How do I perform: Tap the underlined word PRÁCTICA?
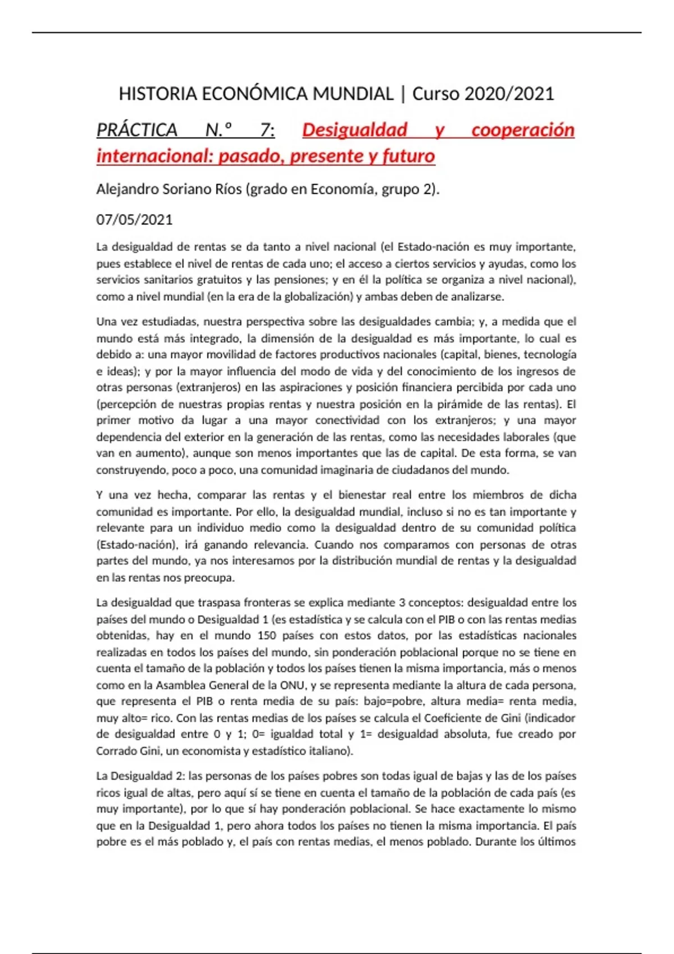pyautogui.click(x=137, y=130)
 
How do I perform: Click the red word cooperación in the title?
pyautogui.click(x=522, y=130)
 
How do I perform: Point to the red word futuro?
pyautogui.click(x=408, y=156)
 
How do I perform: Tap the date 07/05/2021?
pyautogui.click(x=134, y=219)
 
